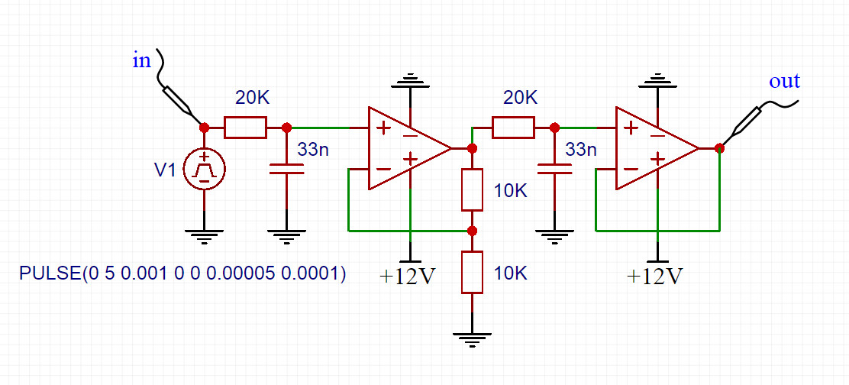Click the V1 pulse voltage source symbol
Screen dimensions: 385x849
click(204, 169)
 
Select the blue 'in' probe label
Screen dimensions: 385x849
click(142, 61)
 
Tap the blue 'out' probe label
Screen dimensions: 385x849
click(784, 81)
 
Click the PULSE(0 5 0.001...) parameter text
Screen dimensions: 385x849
click(182, 273)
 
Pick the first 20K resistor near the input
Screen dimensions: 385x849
click(245, 128)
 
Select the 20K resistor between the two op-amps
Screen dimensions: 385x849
click(512, 128)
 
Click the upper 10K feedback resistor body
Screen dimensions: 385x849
click(472, 190)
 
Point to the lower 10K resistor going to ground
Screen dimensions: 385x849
click(472, 272)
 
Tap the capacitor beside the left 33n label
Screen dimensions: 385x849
click(286, 168)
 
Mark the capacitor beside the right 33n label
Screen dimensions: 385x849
click(554, 168)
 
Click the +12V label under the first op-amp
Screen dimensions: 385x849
click(407, 276)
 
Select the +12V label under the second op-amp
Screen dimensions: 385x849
click(654, 276)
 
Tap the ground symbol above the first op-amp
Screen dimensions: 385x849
click(411, 79)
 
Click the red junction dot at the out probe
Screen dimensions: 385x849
click(719, 147)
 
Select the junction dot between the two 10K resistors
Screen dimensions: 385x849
click(472, 230)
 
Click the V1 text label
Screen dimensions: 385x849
click(166, 170)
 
